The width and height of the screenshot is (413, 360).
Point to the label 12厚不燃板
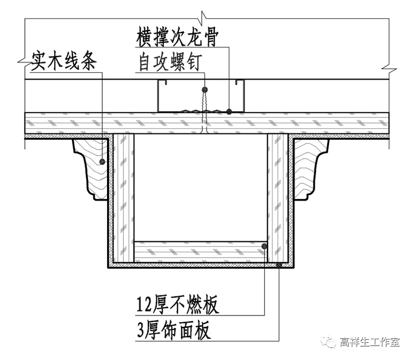(178, 305)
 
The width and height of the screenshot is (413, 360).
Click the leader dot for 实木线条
(103, 162)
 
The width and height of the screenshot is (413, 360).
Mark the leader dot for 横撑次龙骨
(229, 111)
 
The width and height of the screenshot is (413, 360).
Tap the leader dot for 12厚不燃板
(264, 246)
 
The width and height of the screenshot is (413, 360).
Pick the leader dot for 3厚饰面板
(279, 265)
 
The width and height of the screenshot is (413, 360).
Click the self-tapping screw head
(205, 90)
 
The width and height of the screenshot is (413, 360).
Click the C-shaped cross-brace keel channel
(202, 96)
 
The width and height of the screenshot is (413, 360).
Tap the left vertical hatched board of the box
(124, 197)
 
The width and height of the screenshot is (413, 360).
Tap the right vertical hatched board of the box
(277, 197)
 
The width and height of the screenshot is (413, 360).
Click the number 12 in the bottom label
(144, 305)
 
